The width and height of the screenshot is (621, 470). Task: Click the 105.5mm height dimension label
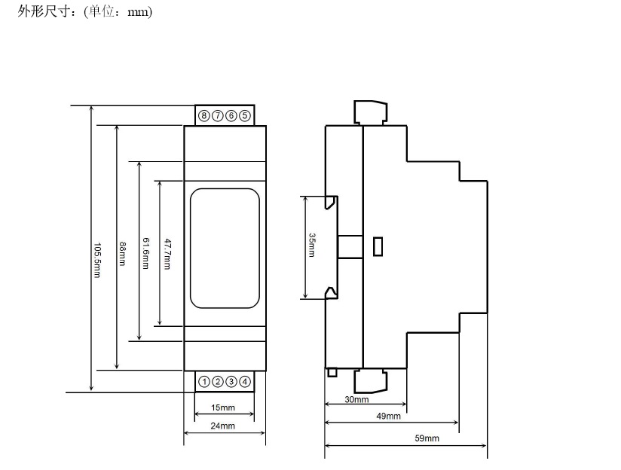[x=97, y=260]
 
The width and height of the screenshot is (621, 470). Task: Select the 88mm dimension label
[x=122, y=254]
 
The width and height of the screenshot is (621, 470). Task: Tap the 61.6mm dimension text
[x=145, y=253]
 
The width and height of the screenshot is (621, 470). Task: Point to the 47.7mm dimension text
[x=167, y=254]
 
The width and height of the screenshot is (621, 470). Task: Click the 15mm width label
[x=223, y=407]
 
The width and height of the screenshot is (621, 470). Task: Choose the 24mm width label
[x=222, y=426]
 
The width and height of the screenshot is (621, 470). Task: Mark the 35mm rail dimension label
[x=312, y=245]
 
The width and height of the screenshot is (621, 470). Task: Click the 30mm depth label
[x=356, y=399]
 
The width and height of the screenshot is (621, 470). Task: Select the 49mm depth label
[x=389, y=417]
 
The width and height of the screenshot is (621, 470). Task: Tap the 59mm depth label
[x=427, y=438]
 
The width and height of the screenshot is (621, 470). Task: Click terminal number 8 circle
[x=204, y=116]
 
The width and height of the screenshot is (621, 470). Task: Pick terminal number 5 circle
[x=245, y=116]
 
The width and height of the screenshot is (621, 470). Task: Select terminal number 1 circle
[x=204, y=382]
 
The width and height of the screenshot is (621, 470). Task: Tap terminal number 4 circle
[x=245, y=382]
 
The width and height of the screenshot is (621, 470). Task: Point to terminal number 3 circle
[x=231, y=382]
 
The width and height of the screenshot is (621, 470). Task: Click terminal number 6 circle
[x=231, y=116]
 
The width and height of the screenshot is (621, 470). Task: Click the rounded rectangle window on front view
[x=191, y=249]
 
